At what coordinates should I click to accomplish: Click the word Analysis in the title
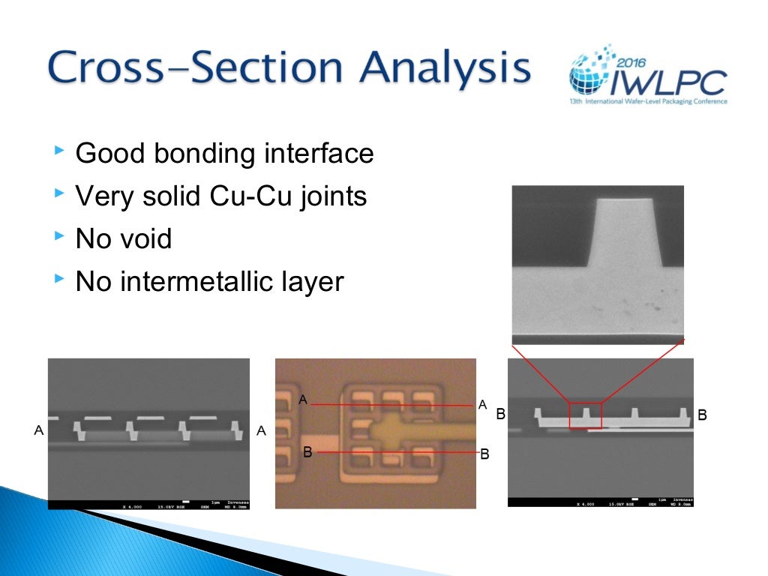pos(445,68)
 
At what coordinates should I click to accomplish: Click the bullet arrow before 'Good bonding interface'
pos(60,152)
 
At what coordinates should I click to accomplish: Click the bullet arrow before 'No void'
pos(60,238)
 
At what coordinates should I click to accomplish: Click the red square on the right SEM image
pos(585,415)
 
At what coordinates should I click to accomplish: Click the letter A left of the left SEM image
pos(38,430)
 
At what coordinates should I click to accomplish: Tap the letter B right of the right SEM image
pos(703,415)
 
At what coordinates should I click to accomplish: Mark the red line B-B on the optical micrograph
pos(397,452)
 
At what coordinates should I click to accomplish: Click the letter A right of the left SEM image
pos(261,430)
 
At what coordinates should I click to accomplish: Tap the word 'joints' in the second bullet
pos(331,196)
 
